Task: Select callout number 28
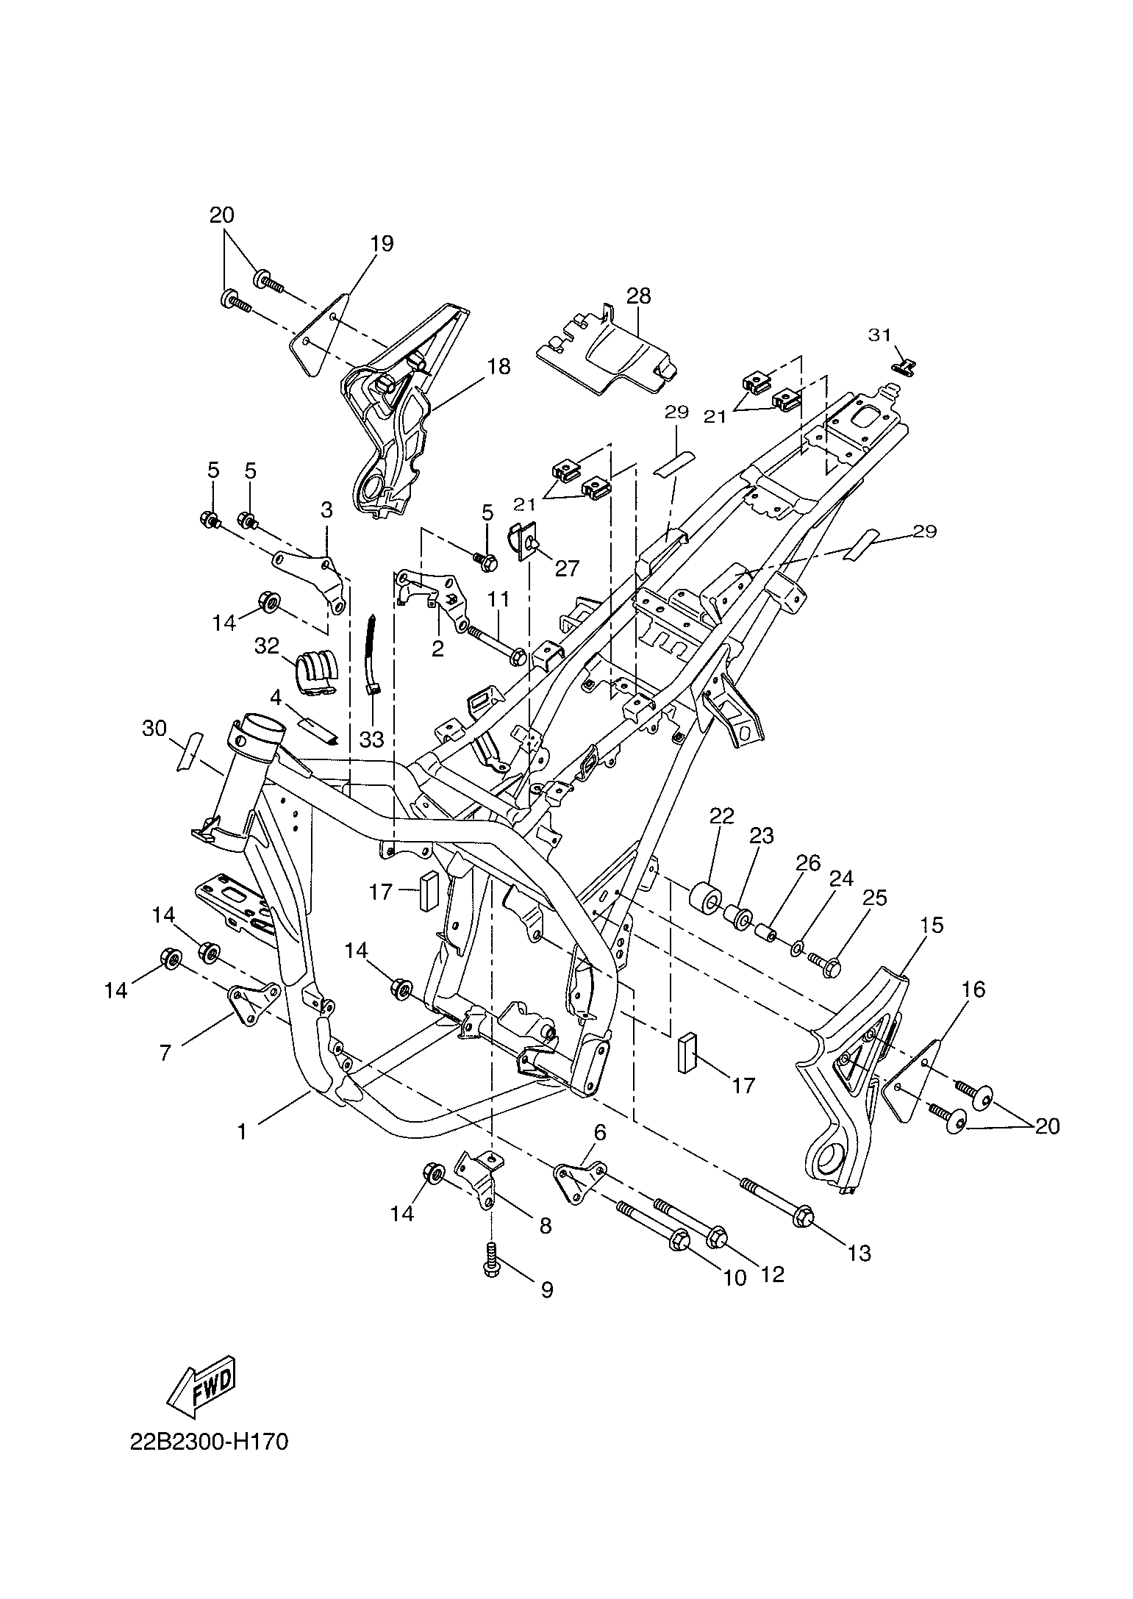pyautogui.click(x=638, y=296)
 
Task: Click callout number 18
pyautogui.click(x=498, y=366)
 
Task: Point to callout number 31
pyautogui.click(x=879, y=335)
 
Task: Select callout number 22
pyautogui.click(x=721, y=815)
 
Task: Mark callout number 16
pyautogui.click(x=973, y=990)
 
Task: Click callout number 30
pyautogui.click(x=154, y=729)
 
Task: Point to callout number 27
pyautogui.click(x=568, y=568)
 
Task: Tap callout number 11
pyautogui.click(x=498, y=599)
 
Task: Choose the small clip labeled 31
pyautogui.click(x=903, y=366)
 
